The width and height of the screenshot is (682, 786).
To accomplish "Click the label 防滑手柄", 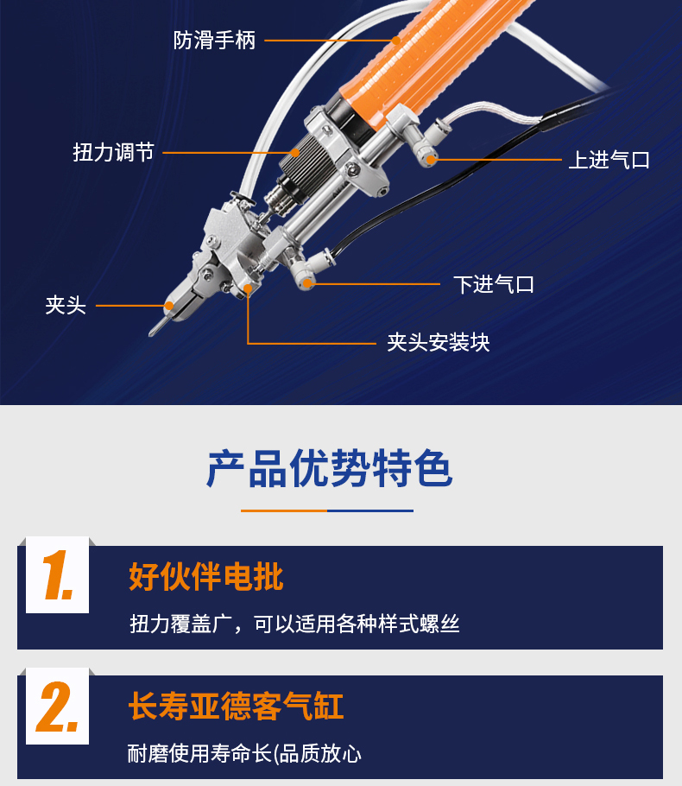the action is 214,40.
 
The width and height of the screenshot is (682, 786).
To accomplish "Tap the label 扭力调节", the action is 113,152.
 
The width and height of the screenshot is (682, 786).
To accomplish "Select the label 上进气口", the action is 609,160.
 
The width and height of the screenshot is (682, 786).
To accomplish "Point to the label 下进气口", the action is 494,284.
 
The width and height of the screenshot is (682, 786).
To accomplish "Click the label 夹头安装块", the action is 439,342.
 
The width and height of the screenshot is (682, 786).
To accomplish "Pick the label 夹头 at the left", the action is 66,305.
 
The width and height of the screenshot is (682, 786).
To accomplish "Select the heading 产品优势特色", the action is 329,469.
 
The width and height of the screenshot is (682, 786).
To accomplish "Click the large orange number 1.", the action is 58,575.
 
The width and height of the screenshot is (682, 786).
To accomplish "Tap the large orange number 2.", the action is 58,707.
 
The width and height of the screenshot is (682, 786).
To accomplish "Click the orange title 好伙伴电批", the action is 206,576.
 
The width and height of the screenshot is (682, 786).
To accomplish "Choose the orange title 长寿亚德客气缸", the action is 236,706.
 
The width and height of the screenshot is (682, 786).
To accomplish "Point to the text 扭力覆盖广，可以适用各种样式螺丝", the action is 294,624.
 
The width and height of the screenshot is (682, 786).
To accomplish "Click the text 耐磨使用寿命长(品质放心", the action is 244,753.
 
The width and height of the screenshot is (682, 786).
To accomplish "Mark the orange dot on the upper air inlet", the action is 431,160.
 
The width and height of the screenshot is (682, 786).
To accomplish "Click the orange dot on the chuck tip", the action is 169,305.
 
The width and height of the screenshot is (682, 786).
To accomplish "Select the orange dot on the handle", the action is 396,40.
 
